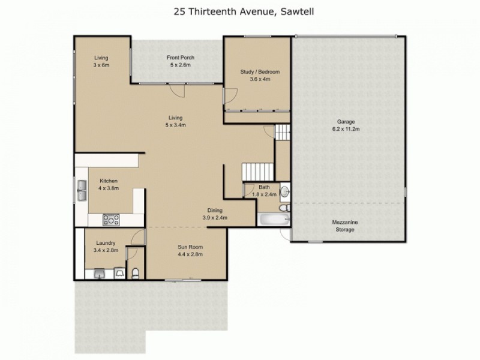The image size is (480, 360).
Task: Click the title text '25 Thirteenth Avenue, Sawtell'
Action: [240, 11]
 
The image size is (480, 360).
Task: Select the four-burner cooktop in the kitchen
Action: [110, 220]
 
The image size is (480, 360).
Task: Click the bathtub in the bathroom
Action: [273, 220]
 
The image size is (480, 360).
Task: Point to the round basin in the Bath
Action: [286, 191]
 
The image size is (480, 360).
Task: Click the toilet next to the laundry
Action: [136, 274]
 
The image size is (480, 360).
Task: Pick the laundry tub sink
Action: [99, 274]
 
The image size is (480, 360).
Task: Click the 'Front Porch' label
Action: [180, 58]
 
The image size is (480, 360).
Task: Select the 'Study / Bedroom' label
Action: [260, 72]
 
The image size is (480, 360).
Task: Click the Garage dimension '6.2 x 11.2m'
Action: [349, 128]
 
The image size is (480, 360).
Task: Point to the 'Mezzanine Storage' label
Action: [345, 226]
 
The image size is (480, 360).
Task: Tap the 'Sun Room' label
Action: [190, 247]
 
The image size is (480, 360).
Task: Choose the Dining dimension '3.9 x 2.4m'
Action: [215, 218]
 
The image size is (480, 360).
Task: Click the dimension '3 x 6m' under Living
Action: [101, 64]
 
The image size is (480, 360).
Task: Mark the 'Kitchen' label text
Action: [108, 181]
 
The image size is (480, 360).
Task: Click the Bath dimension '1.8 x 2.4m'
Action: [264, 194]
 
